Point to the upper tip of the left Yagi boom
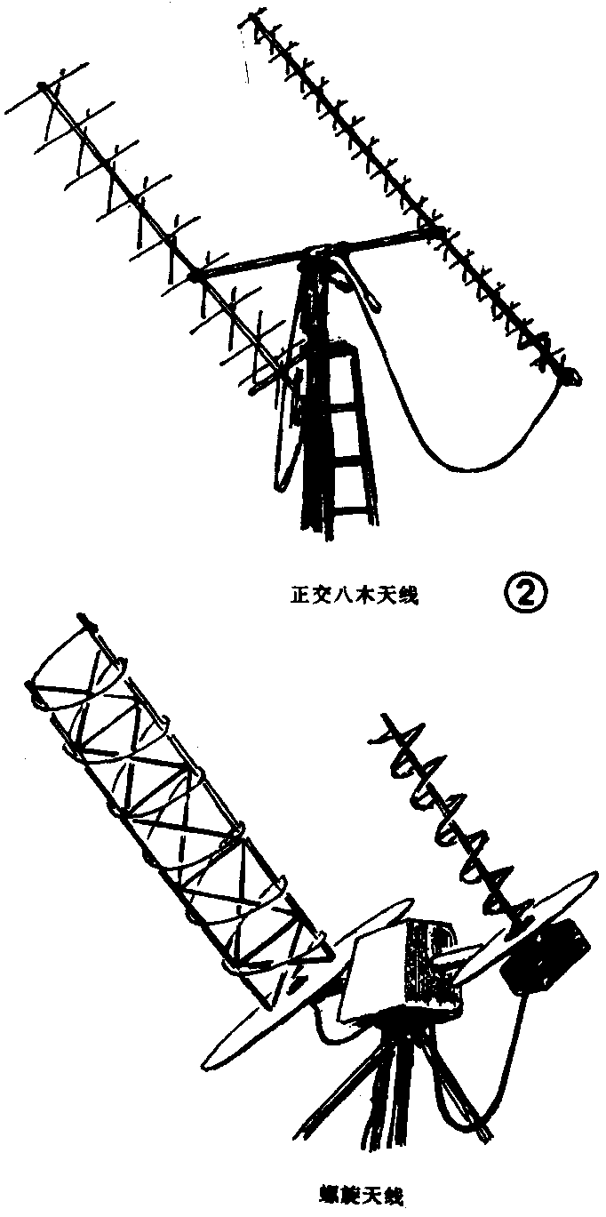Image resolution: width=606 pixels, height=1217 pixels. click(42, 85)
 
